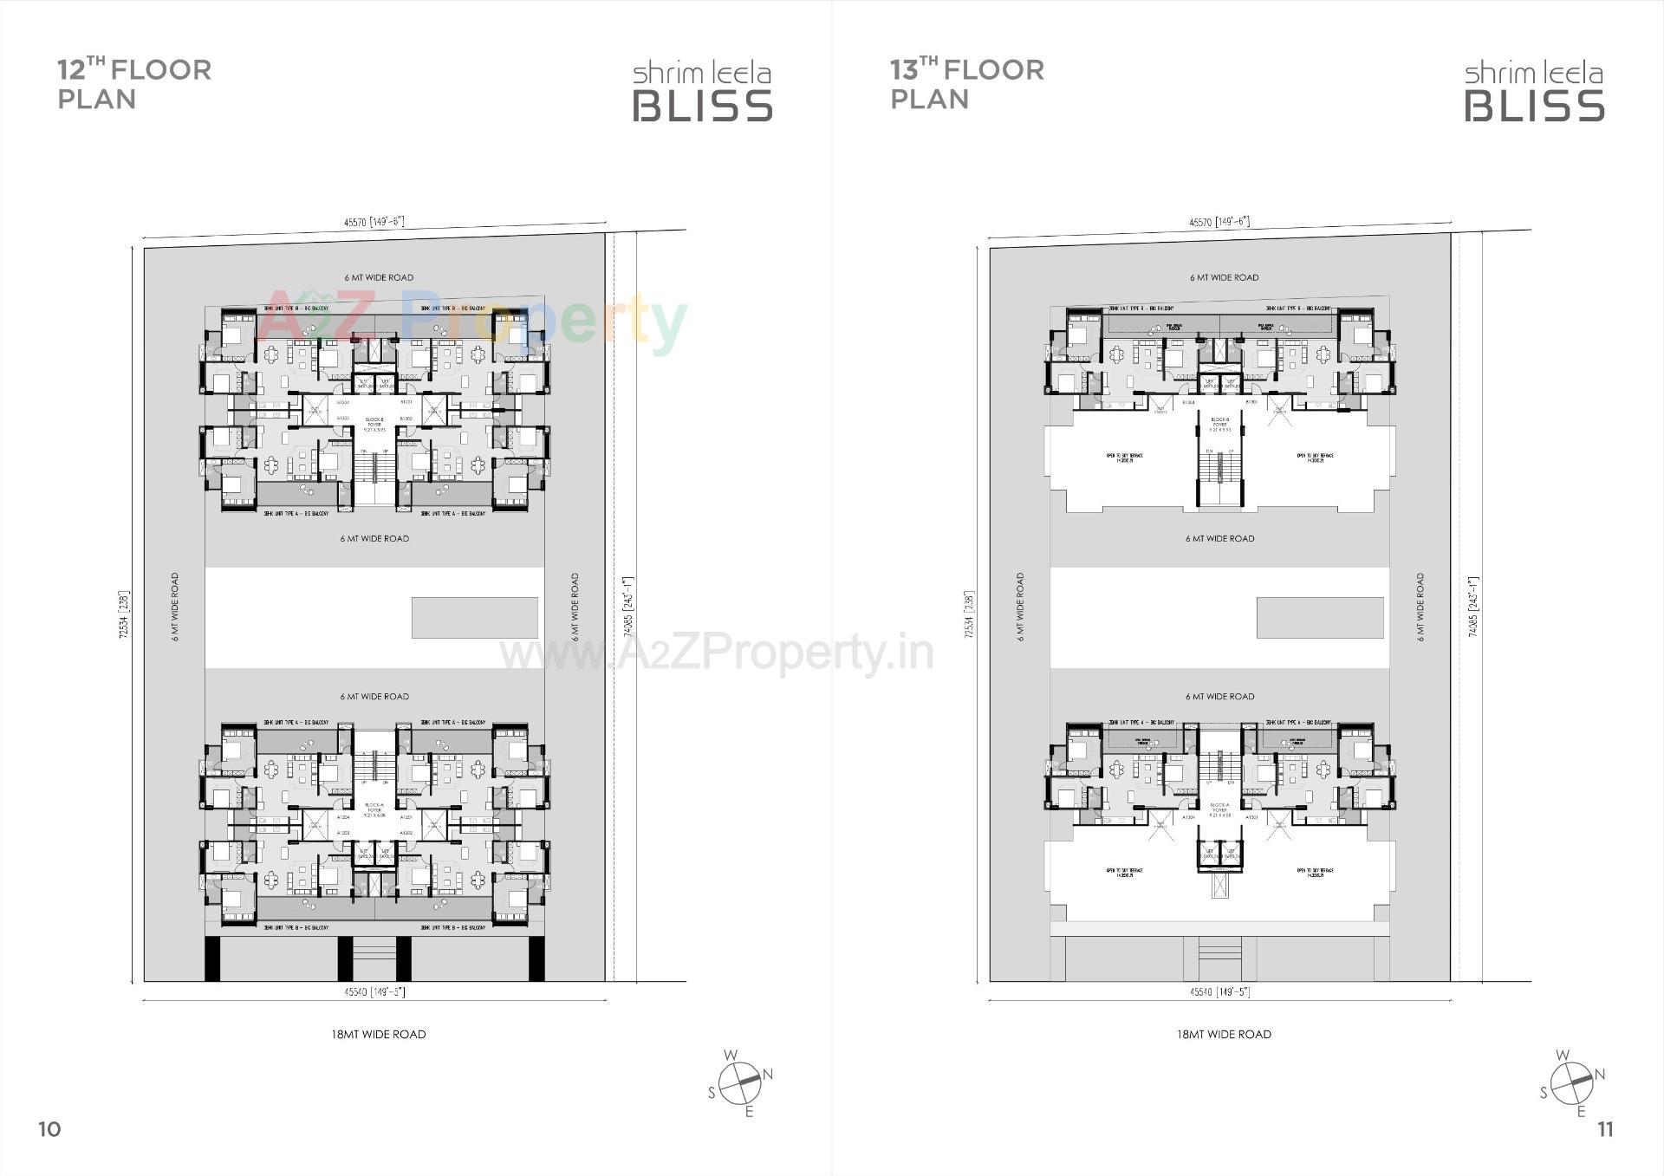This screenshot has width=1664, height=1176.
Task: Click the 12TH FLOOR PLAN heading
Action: (133, 84)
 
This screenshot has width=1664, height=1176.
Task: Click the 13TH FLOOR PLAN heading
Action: (966, 84)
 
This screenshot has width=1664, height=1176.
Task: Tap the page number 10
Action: (49, 1128)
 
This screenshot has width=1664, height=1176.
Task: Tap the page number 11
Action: (1605, 1128)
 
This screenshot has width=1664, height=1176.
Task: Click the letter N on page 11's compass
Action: (1600, 1075)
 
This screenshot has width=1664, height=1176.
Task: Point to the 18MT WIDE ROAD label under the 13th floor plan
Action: (1224, 1034)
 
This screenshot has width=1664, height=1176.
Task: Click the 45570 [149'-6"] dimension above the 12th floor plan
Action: (374, 222)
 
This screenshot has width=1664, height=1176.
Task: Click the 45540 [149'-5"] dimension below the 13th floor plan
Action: (1219, 991)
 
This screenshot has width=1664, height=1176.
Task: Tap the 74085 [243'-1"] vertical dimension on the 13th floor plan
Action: (1473, 607)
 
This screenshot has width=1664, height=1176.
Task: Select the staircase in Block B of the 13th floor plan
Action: (1219, 475)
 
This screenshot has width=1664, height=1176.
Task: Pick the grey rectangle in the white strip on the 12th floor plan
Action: (474, 617)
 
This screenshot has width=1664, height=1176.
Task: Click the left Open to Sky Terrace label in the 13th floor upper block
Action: (1125, 457)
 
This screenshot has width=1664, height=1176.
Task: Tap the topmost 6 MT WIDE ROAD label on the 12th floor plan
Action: (379, 277)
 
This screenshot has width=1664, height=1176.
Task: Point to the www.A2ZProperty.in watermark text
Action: (716, 653)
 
